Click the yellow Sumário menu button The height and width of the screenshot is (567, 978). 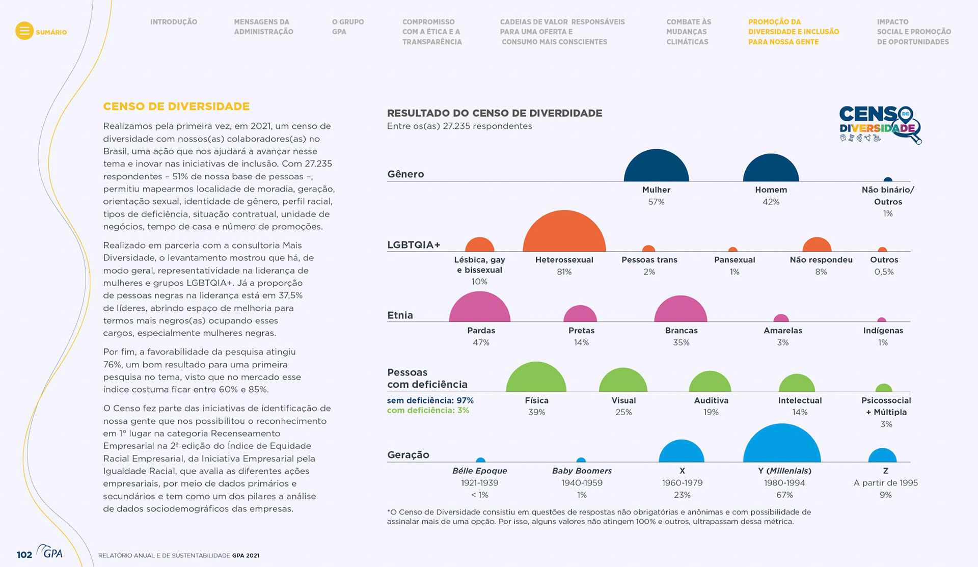24,31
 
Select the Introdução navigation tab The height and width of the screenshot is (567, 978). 173,22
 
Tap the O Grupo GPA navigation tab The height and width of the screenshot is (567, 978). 347,26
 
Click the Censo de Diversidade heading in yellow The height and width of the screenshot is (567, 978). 176,106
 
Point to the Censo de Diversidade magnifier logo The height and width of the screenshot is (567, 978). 880,124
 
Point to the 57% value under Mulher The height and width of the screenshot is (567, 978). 656,202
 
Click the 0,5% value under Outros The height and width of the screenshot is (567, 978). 884,272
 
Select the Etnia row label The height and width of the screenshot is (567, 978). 400,315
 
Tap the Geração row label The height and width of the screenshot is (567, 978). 408,455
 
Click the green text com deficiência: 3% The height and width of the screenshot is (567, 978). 428,411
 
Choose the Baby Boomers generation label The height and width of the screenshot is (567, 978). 582,471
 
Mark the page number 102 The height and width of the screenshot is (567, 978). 24,555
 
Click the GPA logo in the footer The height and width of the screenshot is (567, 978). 51,552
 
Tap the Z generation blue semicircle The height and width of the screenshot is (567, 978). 882,456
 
